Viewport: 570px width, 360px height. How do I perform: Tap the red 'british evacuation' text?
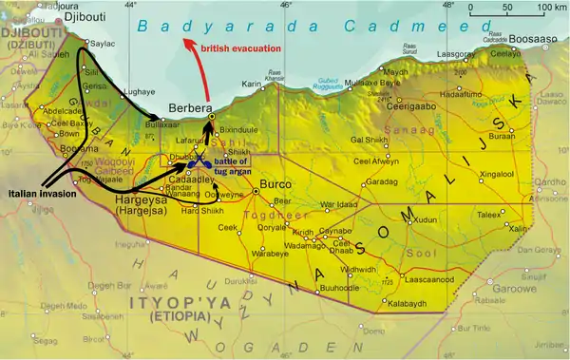pyautogui.click(x=246, y=47)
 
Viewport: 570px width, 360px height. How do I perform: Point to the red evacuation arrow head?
pyautogui.click(x=187, y=44)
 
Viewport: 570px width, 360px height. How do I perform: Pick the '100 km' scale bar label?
pyautogui.click(x=546, y=7)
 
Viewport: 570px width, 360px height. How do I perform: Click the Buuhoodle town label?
pyautogui.click(x=340, y=286)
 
